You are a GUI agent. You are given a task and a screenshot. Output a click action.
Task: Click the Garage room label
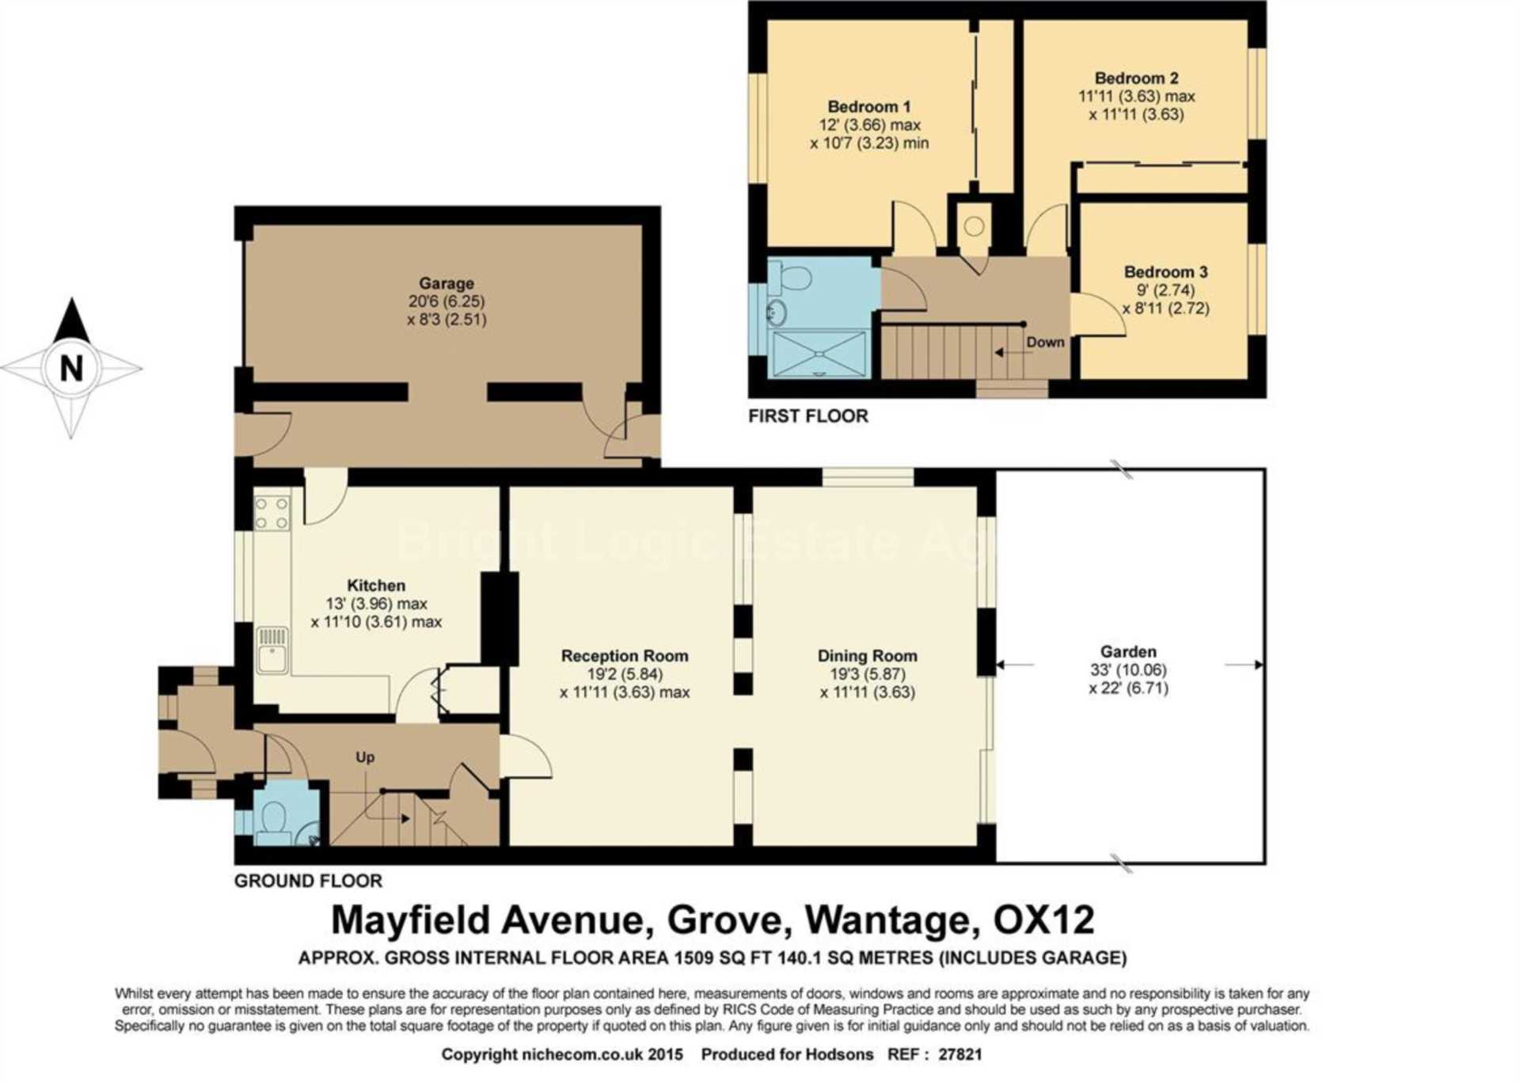446,283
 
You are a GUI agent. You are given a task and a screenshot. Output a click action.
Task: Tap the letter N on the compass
72,369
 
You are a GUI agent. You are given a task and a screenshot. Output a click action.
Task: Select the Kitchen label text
376,586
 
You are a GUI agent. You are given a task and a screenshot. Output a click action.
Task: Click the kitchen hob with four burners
272,513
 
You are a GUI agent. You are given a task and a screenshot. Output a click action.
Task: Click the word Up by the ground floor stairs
365,757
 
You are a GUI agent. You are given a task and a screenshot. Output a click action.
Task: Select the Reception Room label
625,656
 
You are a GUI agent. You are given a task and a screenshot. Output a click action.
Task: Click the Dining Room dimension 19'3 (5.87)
868,674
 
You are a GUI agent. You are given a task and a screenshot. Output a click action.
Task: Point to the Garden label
1128,652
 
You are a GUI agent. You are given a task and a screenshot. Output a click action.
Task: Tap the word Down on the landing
1045,343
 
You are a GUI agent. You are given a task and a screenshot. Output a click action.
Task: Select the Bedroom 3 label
1165,272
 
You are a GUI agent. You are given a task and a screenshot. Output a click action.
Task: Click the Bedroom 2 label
1136,78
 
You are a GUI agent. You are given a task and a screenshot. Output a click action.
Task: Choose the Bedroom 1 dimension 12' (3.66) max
869,125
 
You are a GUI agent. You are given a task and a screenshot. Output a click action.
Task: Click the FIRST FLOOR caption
807,416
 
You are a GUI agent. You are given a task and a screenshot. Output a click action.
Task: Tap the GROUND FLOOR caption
308,881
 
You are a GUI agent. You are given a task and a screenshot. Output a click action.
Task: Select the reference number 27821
959,1055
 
